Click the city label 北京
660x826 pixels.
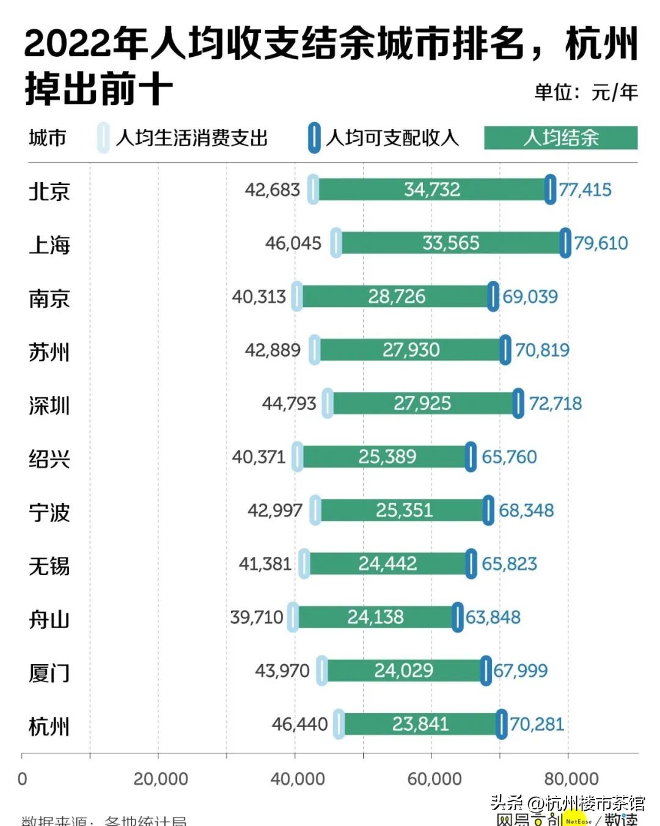(x=49, y=191)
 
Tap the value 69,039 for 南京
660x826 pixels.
(x=530, y=297)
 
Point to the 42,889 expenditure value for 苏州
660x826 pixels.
(x=273, y=350)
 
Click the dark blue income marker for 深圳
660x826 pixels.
(x=518, y=403)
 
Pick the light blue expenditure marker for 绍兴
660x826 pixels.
(x=298, y=457)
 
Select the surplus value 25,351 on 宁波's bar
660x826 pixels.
(x=404, y=510)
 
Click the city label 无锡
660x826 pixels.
(x=49, y=566)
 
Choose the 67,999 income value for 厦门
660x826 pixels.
(x=520, y=670)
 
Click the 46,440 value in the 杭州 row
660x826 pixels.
(x=299, y=724)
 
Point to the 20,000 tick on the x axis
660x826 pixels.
(x=160, y=779)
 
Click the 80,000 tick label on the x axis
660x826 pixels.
(x=571, y=779)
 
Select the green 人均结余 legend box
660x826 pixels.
(x=560, y=138)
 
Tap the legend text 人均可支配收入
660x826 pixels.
(x=392, y=138)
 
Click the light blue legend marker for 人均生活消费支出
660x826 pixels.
(x=103, y=138)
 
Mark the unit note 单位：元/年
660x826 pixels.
(x=585, y=92)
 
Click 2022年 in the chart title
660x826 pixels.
(x=86, y=44)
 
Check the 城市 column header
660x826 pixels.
(x=47, y=138)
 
